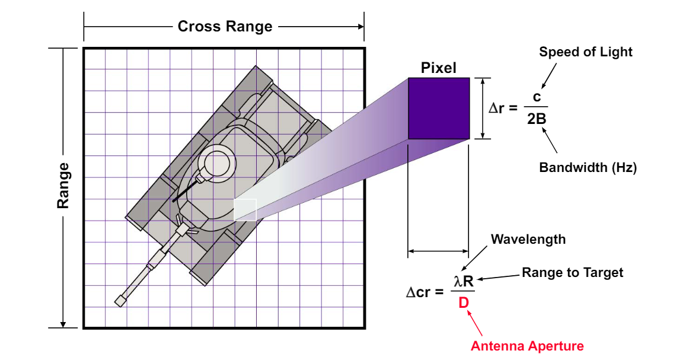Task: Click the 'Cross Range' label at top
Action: coord(225,27)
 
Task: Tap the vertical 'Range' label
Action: coord(63,186)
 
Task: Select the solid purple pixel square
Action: coord(439,109)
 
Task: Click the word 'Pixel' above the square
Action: coord(438,68)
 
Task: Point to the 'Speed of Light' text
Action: coord(585,52)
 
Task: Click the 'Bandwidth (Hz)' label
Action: coord(588,168)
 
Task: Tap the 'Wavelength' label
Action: coord(528,240)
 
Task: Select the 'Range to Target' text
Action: coord(572,273)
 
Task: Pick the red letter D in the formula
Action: coord(464,304)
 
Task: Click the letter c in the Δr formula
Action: coord(537,97)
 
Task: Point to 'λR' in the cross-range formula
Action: coord(464,281)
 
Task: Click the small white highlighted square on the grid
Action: coord(245,210)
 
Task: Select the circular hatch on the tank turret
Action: coord(215,164)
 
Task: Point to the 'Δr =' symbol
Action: coord(503,109)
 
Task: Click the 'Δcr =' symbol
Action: coord(425,292)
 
